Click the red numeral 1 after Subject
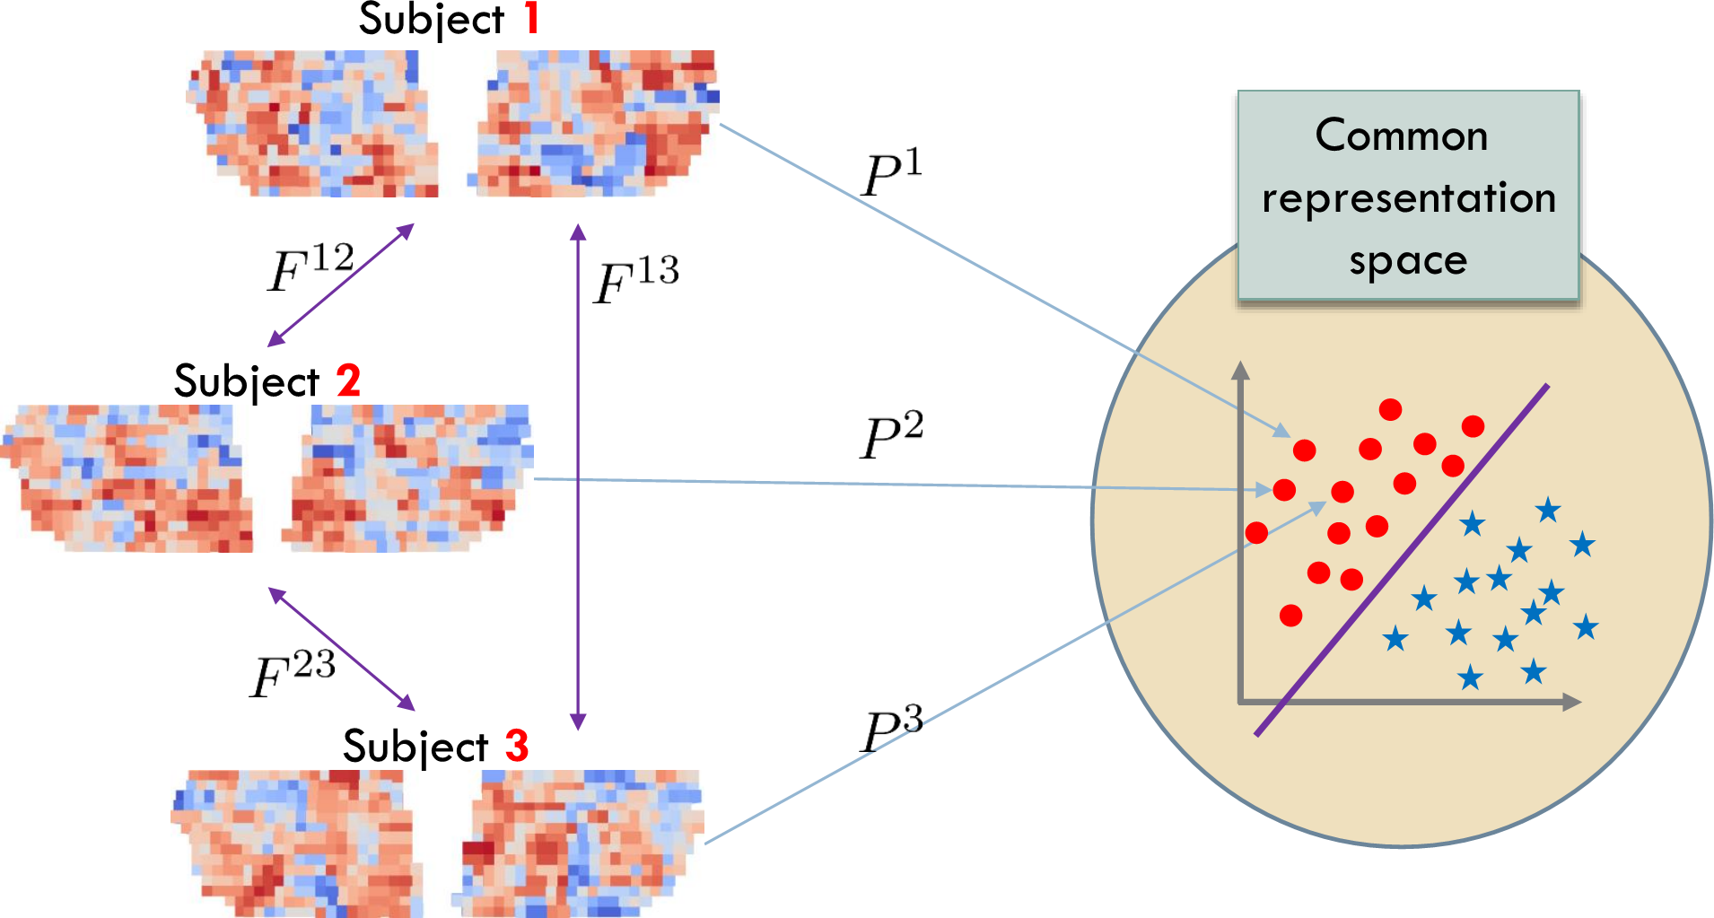click(x=532, y=18)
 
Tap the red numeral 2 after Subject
click(x=348, y=380)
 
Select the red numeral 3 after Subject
click(x=517, y=746)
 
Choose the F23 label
click(x=293, y=674)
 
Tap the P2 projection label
click(x=891, y=436)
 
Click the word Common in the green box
click(x=1402, y=136)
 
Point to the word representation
click(x=1408, y=198)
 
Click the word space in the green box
click(x=1408, y=261)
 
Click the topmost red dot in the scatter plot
click(x=1391, y=410)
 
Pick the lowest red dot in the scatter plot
click(x=1291, y=616)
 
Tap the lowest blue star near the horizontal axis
click(x=1470, y=678)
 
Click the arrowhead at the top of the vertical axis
click(x=1241, y=370)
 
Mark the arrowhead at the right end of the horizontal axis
click(x=1571, y=702)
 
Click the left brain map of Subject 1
click(x=311, y=123)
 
